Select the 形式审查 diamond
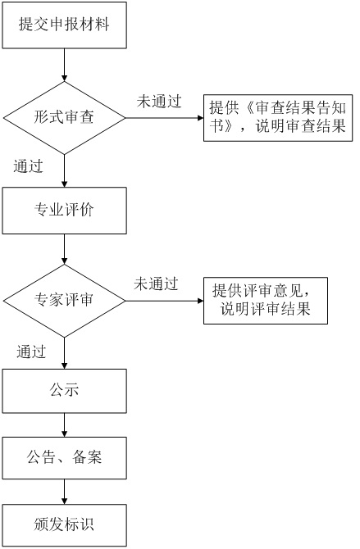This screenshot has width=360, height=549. point(64,118)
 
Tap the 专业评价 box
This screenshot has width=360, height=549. point(64,211)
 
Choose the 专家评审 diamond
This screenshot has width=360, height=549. point(64,300)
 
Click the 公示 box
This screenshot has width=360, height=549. point(64,390)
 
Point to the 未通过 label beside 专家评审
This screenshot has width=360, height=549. point(156,284)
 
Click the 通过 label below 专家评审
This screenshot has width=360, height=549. point(31,352)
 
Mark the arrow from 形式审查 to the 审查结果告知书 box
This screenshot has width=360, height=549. point(164,118)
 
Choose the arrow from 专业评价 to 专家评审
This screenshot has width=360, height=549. point(64,249)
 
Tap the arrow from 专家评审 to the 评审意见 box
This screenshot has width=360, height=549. point(164,300)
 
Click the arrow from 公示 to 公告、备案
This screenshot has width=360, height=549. point(64,424)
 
